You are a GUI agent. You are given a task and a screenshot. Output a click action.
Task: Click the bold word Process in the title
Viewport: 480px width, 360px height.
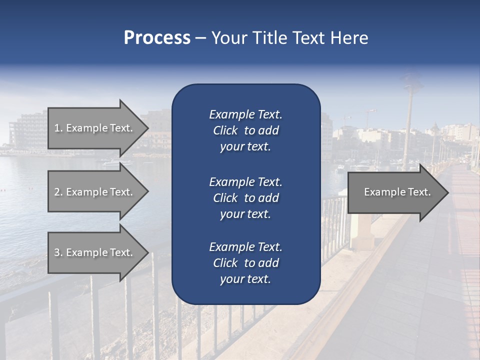coord(157,38)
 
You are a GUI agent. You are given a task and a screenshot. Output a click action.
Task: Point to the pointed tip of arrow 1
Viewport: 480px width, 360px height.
coord(147,128)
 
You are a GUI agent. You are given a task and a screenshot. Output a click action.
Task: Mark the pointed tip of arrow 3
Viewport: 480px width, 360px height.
coord(147,252)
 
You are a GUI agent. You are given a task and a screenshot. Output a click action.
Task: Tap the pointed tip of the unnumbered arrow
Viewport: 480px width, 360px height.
coord(447,192)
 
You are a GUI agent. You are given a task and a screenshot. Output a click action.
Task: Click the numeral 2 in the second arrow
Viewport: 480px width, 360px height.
coord(56,192)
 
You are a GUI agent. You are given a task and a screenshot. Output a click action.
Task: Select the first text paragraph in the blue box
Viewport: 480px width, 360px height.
coord(245,130)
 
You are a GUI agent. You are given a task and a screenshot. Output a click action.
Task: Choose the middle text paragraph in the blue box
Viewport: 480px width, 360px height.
coord(245,198)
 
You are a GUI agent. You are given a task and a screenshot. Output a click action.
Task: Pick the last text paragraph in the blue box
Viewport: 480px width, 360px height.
coord(245,263)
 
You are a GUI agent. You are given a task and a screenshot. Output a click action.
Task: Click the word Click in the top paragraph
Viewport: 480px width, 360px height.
coord(225,131)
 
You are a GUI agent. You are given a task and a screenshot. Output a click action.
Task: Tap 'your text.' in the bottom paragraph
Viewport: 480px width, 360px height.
coord(245,279)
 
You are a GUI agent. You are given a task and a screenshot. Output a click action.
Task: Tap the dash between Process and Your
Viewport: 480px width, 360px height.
coord(201,38)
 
